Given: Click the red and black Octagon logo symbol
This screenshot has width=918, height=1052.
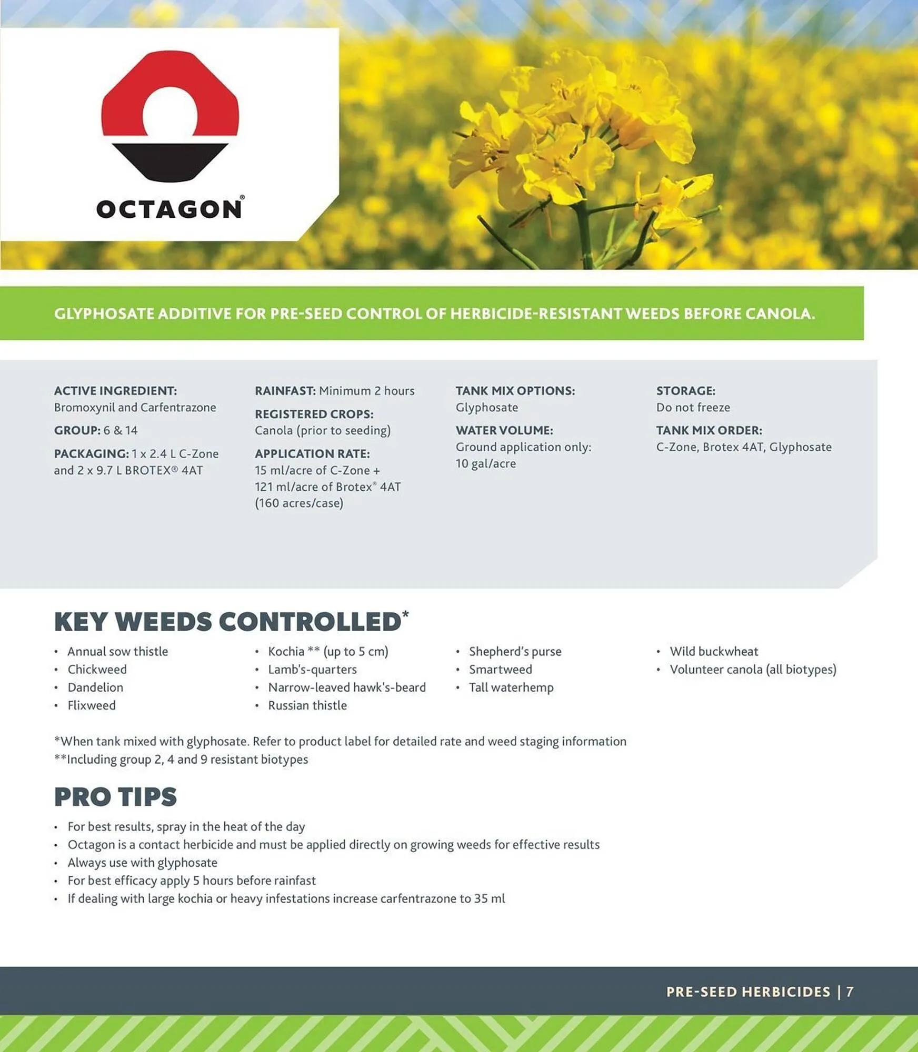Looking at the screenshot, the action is pos(170,116).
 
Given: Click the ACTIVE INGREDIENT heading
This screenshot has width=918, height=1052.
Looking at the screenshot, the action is pos(115,391).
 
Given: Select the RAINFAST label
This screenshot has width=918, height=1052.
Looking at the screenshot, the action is pos(285,391).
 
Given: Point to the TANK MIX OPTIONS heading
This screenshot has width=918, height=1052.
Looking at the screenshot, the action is pos(515,391).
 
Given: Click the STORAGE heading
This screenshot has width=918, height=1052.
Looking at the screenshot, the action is pos(686,391).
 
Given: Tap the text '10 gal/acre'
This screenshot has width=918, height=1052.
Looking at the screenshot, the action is pos(486,463).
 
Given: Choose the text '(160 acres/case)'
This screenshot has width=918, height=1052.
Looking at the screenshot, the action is pos(299,503).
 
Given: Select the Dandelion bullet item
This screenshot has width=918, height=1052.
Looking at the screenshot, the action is pos(95,687).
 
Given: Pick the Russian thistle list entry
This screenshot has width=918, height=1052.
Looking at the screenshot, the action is pos(307,705).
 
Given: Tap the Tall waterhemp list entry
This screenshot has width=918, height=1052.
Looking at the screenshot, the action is pos(511,687).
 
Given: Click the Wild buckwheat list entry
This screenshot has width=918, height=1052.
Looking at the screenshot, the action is pos(714,652).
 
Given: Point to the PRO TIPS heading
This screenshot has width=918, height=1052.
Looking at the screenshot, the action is pos(115,797).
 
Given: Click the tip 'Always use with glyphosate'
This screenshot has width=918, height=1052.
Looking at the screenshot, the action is pos(142,863).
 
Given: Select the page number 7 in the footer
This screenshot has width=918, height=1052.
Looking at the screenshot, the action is pos(850,992).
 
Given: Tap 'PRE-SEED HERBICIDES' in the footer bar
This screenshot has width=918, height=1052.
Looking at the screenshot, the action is pos(748,992).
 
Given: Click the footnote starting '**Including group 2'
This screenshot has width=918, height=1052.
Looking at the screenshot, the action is pos(181,760).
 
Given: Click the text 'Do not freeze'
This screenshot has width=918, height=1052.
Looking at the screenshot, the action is pos(693,408).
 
